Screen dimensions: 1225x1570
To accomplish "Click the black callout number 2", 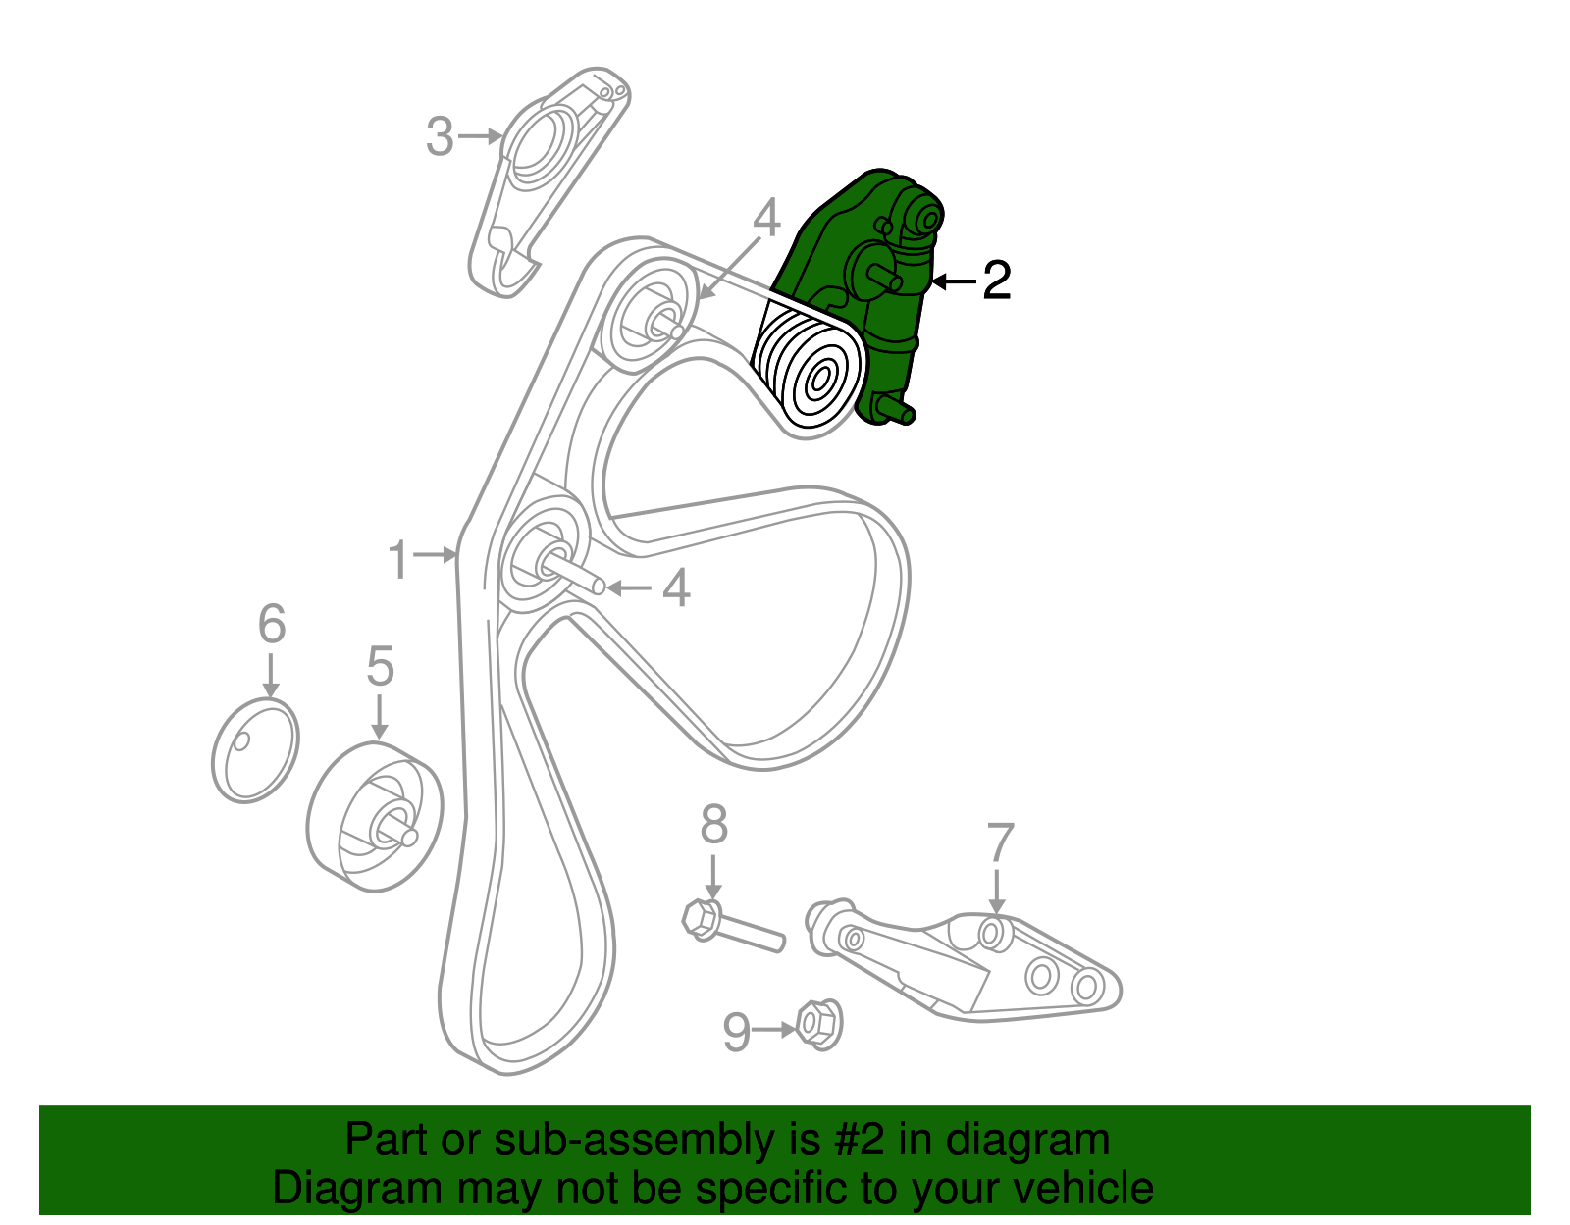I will click(x=996, y=281).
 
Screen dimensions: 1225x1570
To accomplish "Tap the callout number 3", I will click(x=440, y=137).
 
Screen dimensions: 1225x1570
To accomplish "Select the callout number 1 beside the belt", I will click(x=397, y=560).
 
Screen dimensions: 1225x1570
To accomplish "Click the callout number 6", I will click(x=272, y=625).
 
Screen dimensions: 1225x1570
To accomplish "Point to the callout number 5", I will click(x=380, y=667).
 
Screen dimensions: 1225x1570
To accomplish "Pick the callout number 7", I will click(x=999, y=843).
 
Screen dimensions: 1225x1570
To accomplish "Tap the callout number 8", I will click(x=713, y=825).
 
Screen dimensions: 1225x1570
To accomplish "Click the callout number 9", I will click(x=736, y=1032).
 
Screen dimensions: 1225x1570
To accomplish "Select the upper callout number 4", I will click(x=766, y=218).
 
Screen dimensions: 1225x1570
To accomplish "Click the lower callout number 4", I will click(x=676, y=588).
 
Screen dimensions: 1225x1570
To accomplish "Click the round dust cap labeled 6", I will click(x=255, y=750).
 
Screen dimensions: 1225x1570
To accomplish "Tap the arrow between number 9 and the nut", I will click(x=775, y=1030).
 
